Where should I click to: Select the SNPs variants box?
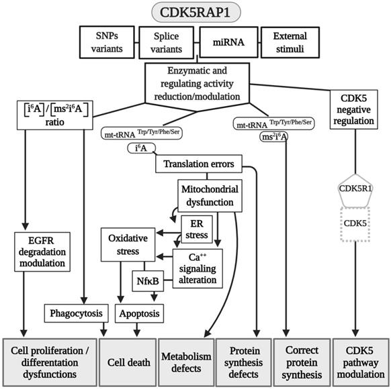tap(107, 42)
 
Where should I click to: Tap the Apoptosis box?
tap(141, 313)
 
